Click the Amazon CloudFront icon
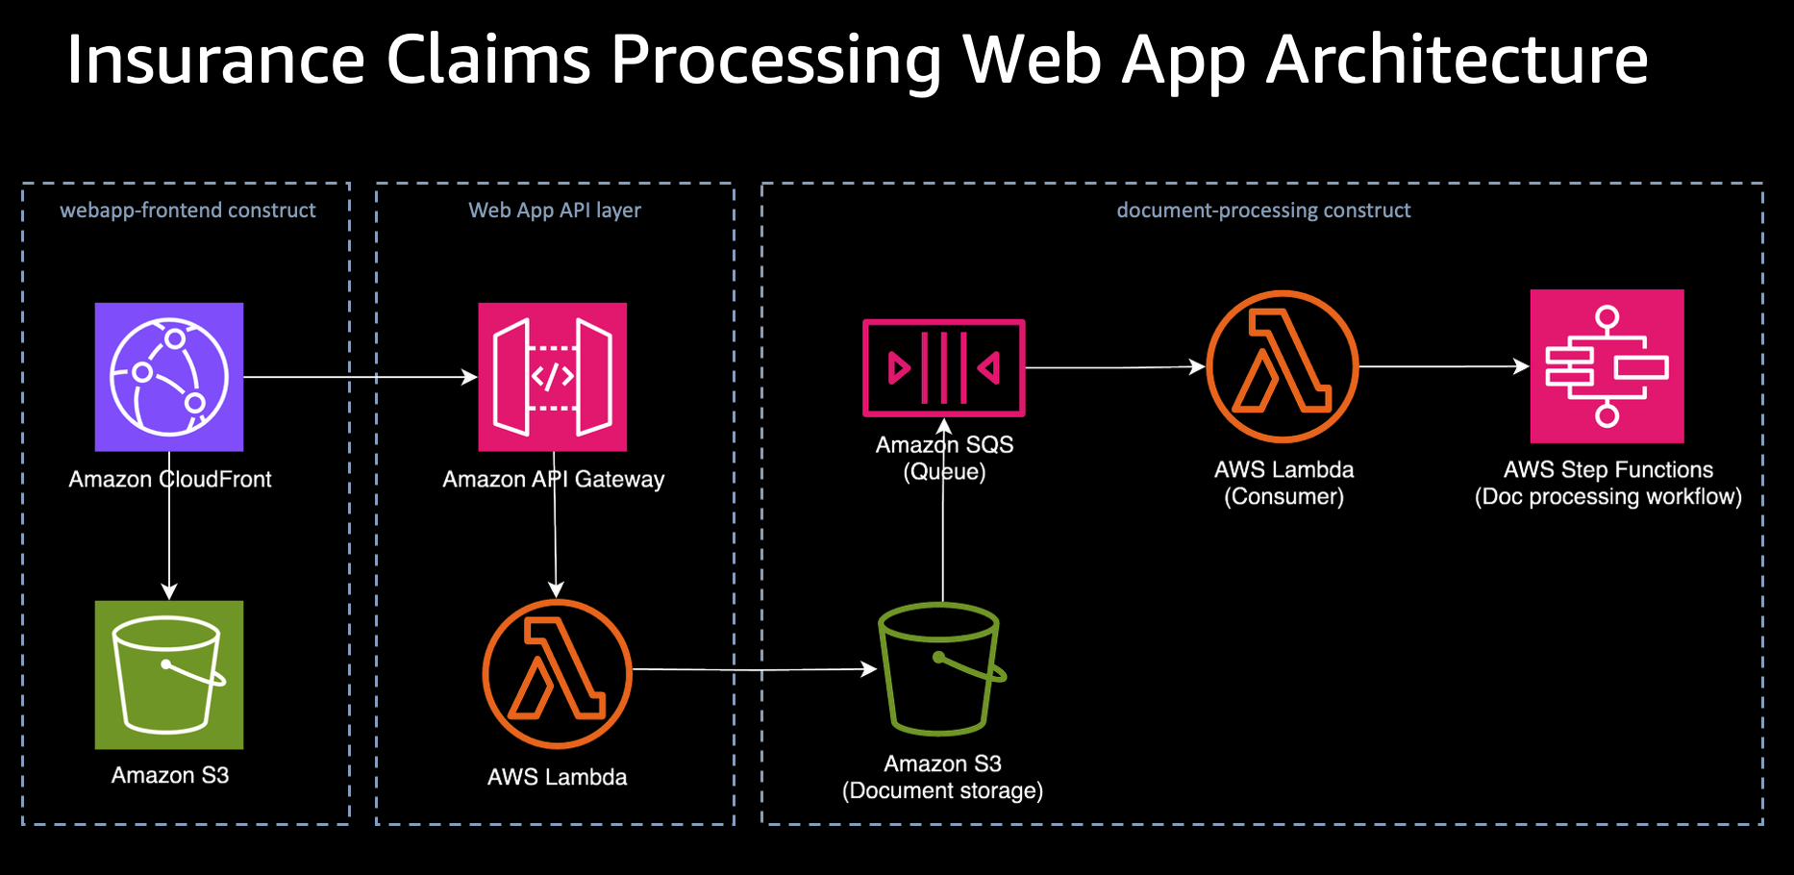pyautogui.click(x=169, y=377)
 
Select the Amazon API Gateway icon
pyautogui.click(x=553, y=377)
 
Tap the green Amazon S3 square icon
pyautogui.click(x=169, y=675)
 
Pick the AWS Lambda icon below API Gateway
pyautogui.click(x=557, y=674)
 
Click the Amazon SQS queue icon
pyautogui.click(x=944, y=367)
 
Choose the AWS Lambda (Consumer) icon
pyautogui.click(x=1283, y=366)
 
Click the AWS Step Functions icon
pyautogui.click(x=1607, y=366)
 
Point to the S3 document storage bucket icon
pyautogui.click(x=942, y=669)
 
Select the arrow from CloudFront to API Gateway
pyautogui.click(x=361, y=377)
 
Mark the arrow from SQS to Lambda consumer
pyautogui.click(x=1115, y=367)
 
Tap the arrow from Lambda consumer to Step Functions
pyautogui.click(x=1442, y=366)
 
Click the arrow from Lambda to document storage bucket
pyautogui.click(x=755, y=669)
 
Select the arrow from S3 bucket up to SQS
pyautogui.click(x=943, y=538)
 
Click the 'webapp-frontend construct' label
pyautogui.click(x=187, y=211)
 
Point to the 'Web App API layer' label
pyautogui.click(x=555, y=211)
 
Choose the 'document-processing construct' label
pyautogui.click(x=1263, y=211)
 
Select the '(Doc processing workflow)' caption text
pyautogui.click(x=1608, y=497)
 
